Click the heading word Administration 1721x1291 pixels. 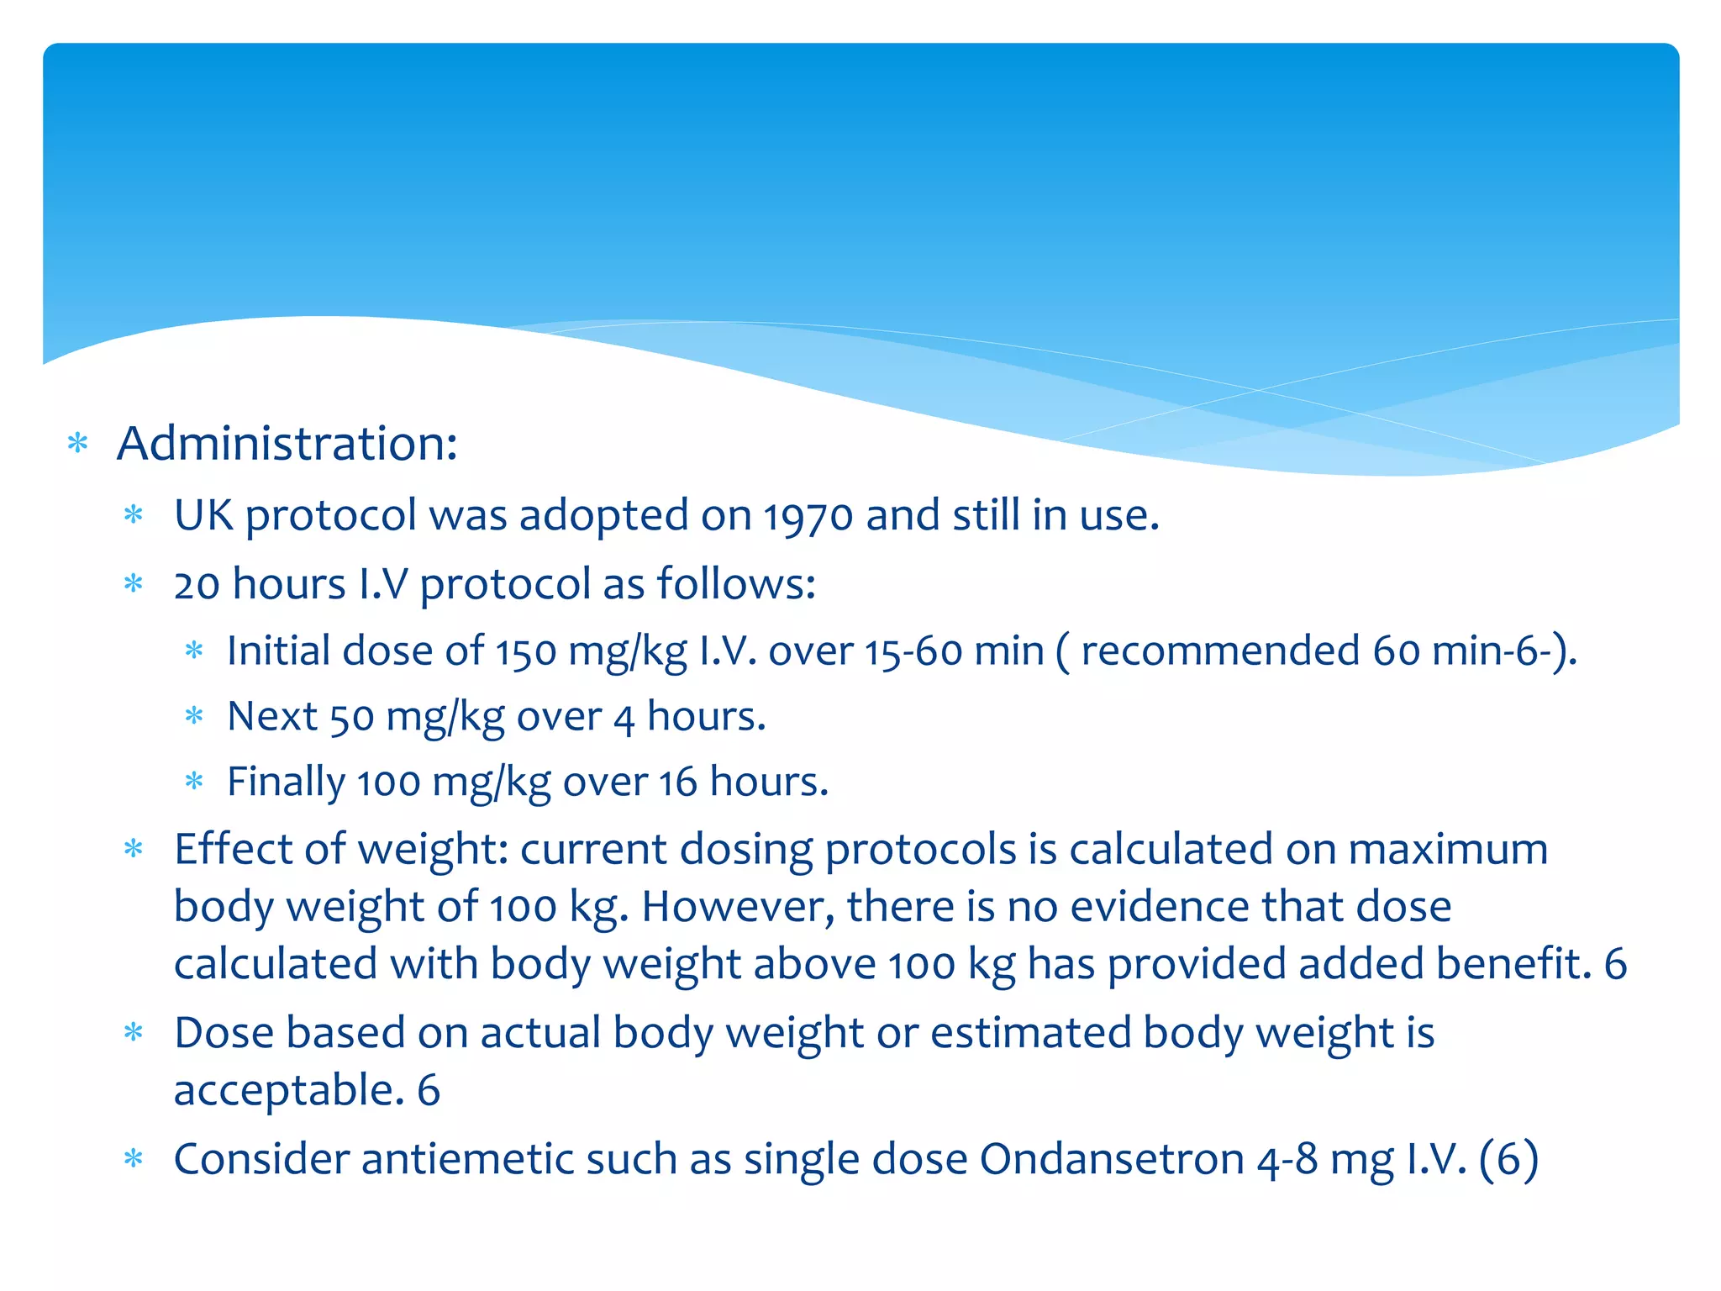click(286, 444)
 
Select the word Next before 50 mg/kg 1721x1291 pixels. click(272, 716)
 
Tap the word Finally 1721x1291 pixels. click(286, 783)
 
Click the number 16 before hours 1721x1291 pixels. click(677, 783)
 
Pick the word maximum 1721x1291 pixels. click(1448, 849)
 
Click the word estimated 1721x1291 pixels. click(1030, 1033)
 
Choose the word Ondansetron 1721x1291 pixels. click(1111, 1159)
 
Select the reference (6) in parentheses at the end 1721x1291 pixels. click(1508, 1159)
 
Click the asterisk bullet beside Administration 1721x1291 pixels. click(77, 443)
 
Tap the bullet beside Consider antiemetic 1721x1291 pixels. click(134, 1159)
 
